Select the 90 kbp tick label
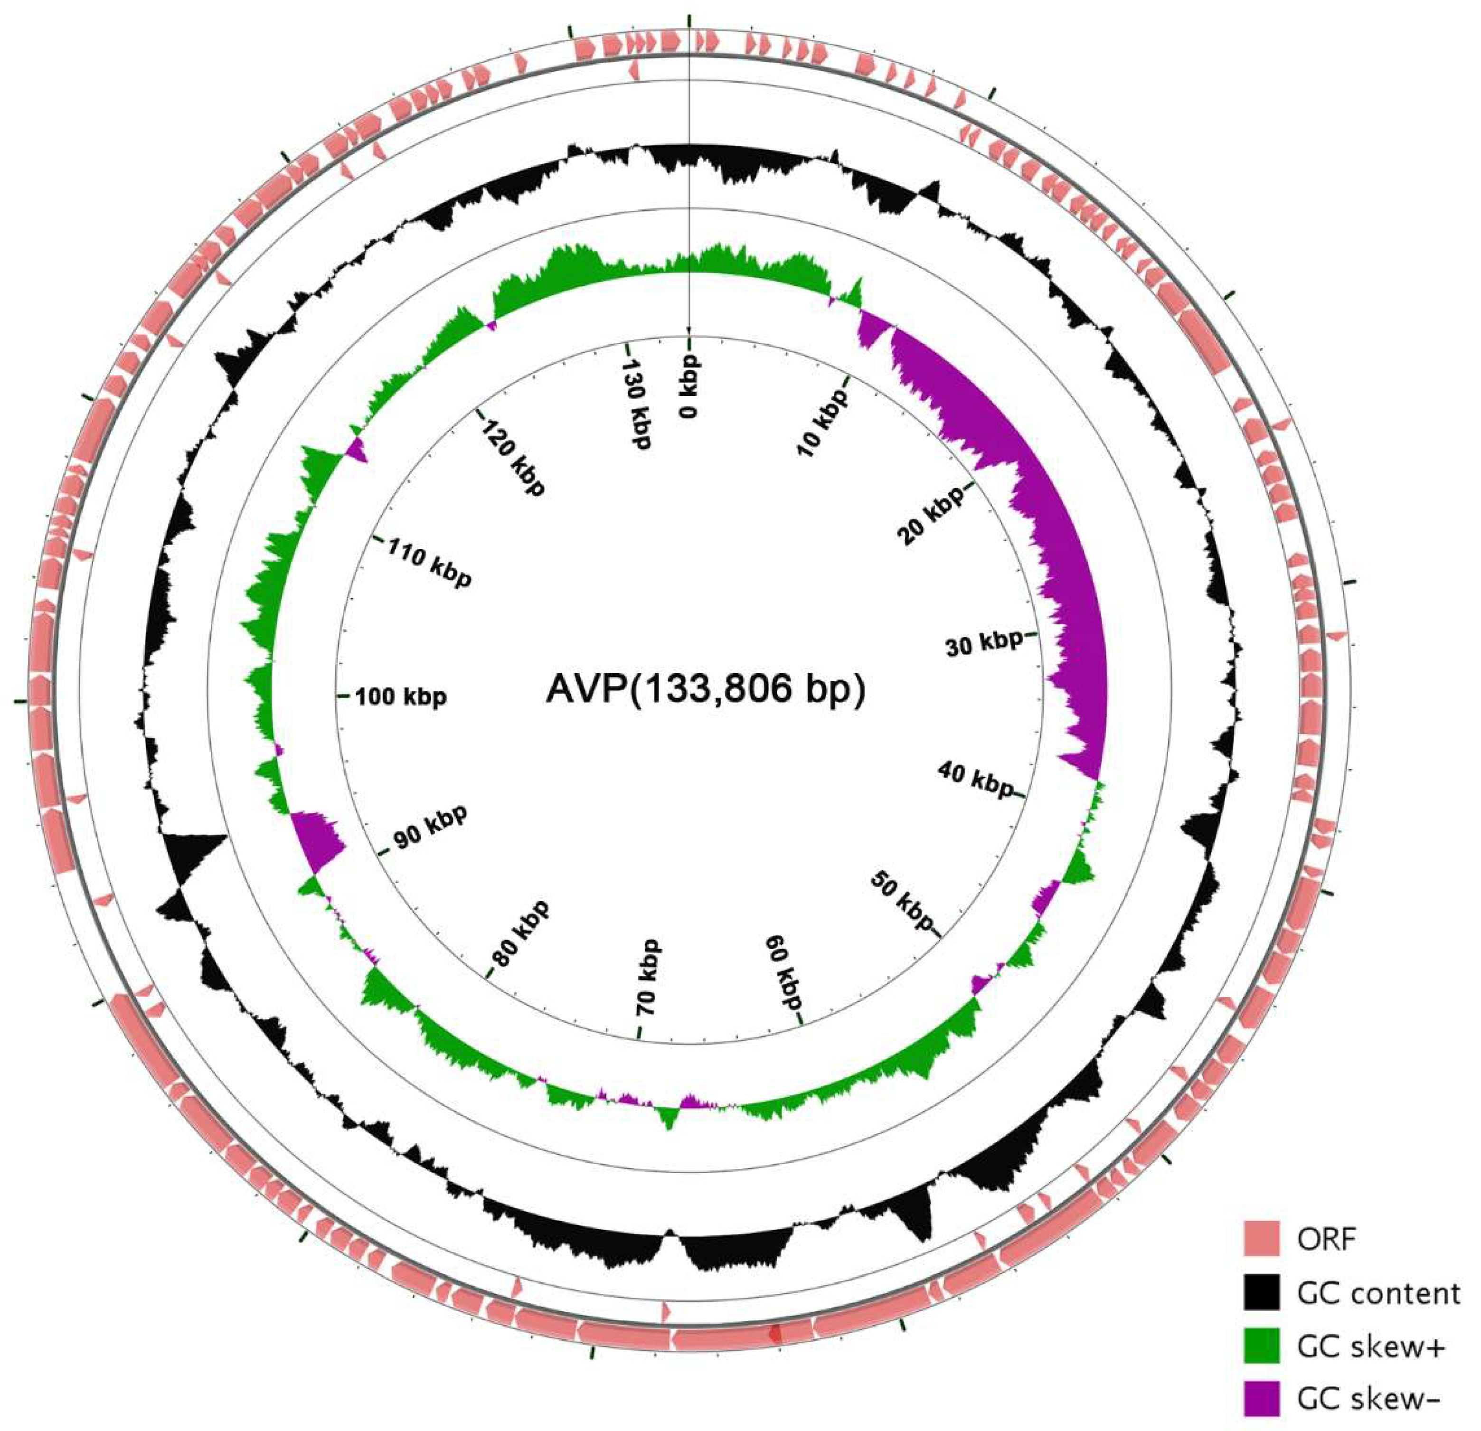pyautogui.click(x=430, y=828)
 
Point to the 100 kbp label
pyautogui.click(x=400, y=697)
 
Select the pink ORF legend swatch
pyautogui.click(x=1261, y=1238)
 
